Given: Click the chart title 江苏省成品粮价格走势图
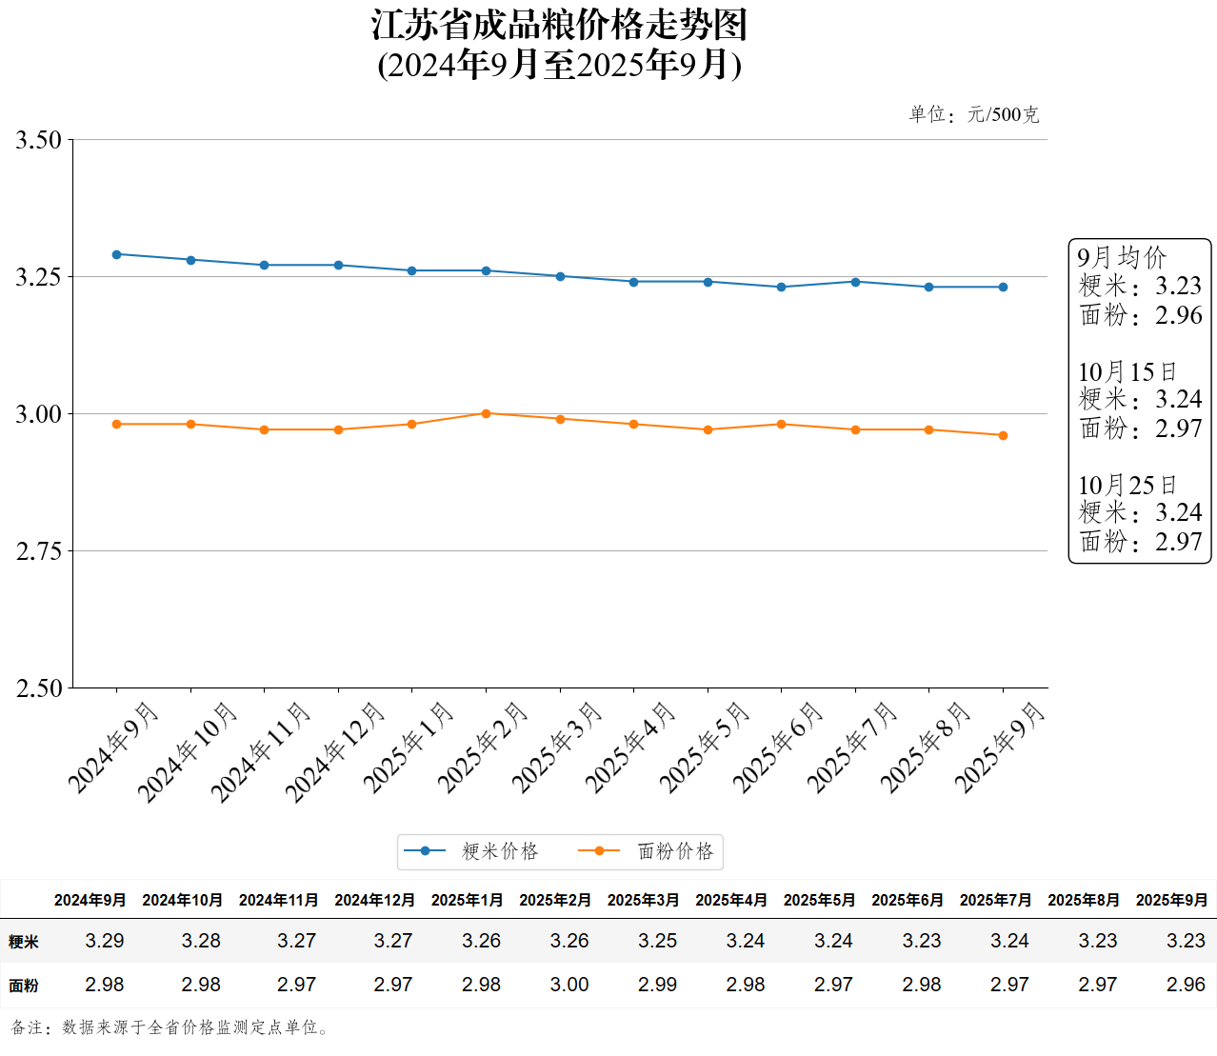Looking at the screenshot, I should coord(559,26).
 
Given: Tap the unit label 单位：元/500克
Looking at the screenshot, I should coord(973,115).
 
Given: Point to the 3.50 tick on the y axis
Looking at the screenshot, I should coord(38,140).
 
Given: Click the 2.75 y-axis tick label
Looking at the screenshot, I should coord(38,551).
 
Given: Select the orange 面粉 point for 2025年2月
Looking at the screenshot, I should coord(486,413).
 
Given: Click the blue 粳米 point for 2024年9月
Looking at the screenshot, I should coord(117,254).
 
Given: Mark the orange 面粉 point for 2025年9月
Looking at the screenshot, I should coord(1003,435).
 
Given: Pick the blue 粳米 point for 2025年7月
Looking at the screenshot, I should coord(855,282).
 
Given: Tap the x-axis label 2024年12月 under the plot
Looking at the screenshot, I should coord(335,751).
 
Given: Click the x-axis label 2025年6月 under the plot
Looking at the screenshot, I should coord(778,747).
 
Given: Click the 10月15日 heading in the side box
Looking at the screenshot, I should coord(1127,371).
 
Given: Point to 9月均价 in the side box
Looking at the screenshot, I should coord(1122,257).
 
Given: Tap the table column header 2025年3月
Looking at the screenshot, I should coord(643,900).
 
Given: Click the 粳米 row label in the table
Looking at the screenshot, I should coord(24,942).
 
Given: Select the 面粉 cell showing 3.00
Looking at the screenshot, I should coord(569,985).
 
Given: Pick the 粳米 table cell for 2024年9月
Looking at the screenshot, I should coord(105,941).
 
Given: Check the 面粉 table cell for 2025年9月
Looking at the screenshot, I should coord(1186,985).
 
